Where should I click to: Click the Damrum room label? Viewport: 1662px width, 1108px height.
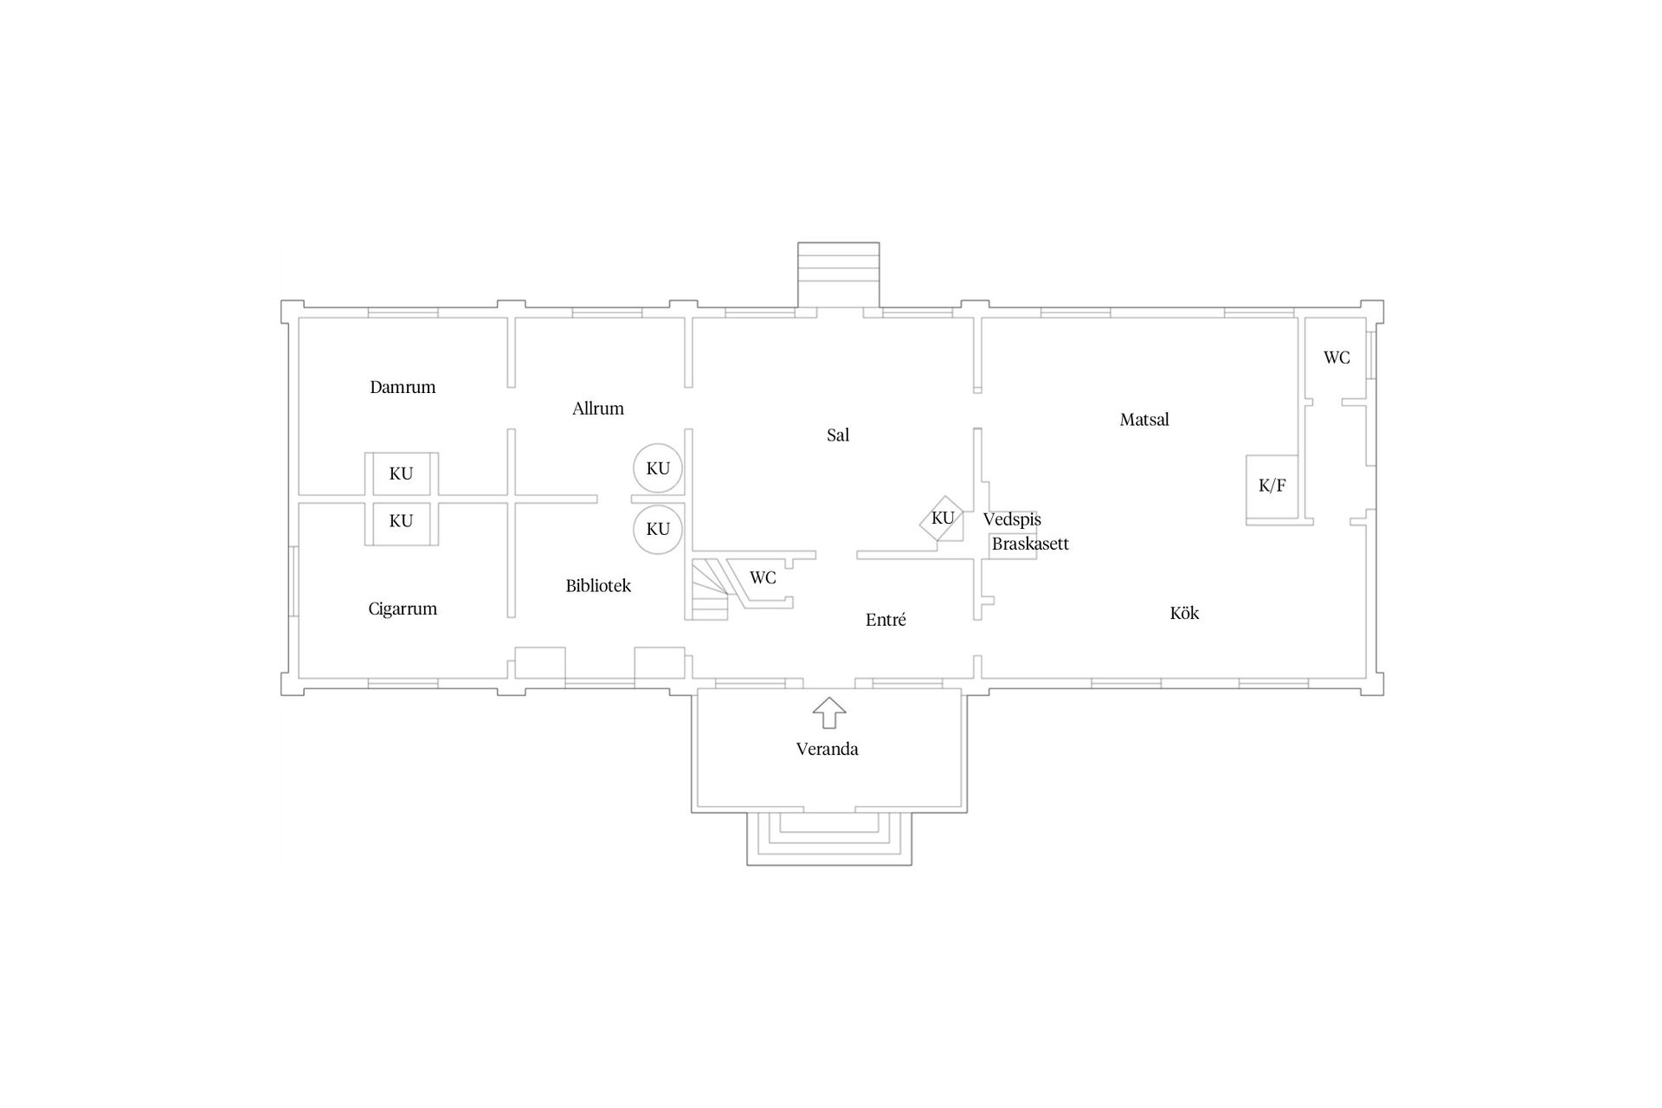click(403, 387)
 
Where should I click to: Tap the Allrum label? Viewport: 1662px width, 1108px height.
click(598, 409)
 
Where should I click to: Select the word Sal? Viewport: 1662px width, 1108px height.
click(838, 435)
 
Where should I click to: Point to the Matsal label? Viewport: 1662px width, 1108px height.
click(1144, 420)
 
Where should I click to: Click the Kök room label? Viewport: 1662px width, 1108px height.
click(1184, 613)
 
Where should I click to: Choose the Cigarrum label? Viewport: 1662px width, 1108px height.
click(403, 609)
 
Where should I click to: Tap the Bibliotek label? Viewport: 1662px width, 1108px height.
click(598, 586)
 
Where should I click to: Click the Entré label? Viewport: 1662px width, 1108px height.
click(886, 620)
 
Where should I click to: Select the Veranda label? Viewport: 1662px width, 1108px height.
click(828, 749)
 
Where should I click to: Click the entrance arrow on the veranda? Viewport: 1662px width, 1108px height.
click(829, 712)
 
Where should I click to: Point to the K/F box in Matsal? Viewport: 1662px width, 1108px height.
click(1272, 489)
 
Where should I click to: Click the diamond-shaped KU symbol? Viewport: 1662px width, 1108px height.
click(942, 519)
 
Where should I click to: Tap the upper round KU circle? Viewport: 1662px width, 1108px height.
click(658, 468)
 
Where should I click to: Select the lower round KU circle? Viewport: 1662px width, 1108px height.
click(658, 529)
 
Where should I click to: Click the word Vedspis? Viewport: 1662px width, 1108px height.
click(1012, 519)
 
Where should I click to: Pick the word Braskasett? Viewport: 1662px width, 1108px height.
click(1030, 544)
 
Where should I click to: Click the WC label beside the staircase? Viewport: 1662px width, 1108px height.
click(763, 577)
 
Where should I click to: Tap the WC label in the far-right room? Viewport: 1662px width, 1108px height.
click(1337, 358)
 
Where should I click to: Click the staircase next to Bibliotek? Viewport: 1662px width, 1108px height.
click(710, 589)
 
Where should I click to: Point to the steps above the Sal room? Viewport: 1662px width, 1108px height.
click(838, 274)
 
